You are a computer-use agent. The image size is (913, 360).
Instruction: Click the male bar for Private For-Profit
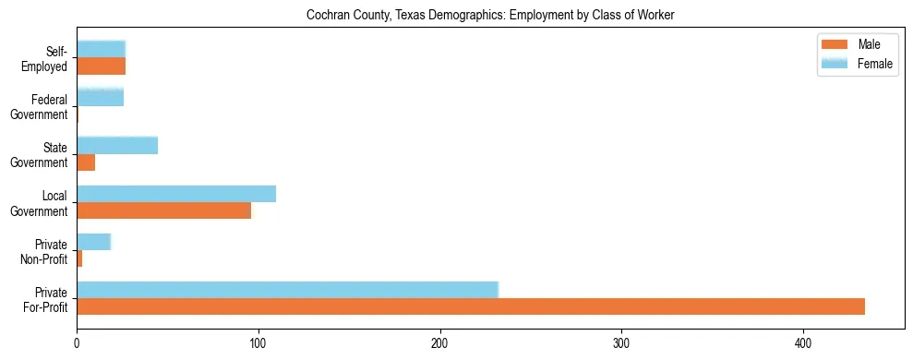click(471, 306)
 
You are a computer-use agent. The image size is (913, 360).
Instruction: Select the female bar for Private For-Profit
click(287, 290)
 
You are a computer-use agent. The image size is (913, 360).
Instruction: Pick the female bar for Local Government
click(176, 194)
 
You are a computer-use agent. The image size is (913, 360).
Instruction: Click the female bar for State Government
click(117, 145)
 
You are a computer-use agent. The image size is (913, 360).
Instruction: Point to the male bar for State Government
click(86, 162)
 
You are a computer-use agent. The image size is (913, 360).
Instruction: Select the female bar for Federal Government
click(100, 97)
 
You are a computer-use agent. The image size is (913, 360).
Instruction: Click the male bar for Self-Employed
click(101, 66)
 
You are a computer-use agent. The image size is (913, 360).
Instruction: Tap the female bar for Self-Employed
click(101, 49)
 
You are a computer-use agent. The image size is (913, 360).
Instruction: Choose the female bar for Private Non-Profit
click(93, 242)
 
